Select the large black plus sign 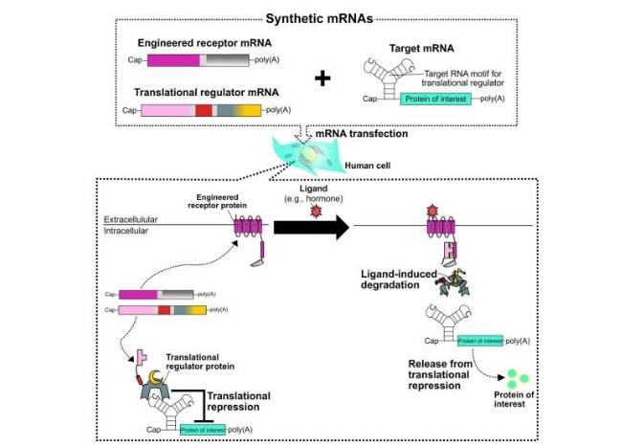click(322, 78)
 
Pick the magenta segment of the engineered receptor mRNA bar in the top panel click(170, 60)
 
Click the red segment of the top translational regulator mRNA click(203, 110)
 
